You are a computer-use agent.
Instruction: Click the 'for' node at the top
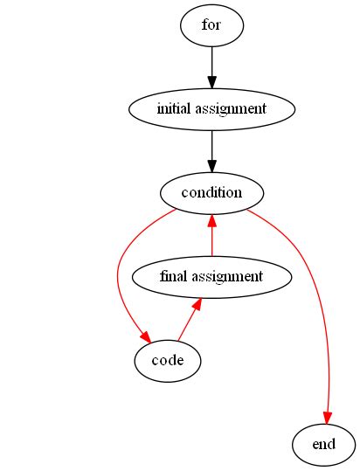pyautogui.click(x=211, y=25)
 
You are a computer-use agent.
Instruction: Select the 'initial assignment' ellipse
pyautogui.click(x=211, y=109)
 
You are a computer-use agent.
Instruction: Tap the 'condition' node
pyautogui.click(x=211, y=192)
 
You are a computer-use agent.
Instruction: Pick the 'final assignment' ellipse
pyautogui.click(x=211, y=276)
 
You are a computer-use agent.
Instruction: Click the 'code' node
pyautogui.click(x=168, y=360)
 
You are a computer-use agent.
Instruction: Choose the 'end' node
pyautogui.click(x=324, y=444)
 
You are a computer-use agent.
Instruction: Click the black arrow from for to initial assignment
pyautogui.click(x=211, y=66)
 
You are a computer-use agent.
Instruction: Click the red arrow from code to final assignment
pyautogui.click(x=187, y=323)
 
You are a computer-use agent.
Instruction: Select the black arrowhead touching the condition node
pyautogui.click(x=211, y=165)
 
